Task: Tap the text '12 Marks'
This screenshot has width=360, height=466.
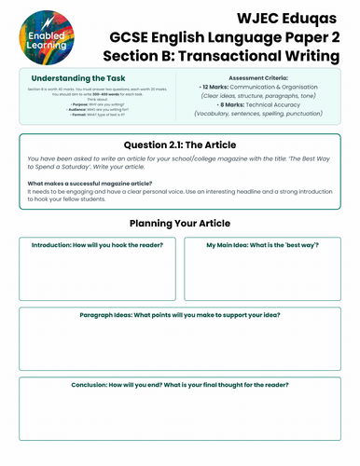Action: pos(217,93)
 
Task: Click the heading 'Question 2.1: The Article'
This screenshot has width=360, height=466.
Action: pos(179,145)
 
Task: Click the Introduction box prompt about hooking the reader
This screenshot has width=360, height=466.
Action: pos(98,245)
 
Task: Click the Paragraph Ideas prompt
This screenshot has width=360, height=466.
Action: pos(179,314)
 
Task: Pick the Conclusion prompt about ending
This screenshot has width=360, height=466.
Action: pos(179,384)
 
